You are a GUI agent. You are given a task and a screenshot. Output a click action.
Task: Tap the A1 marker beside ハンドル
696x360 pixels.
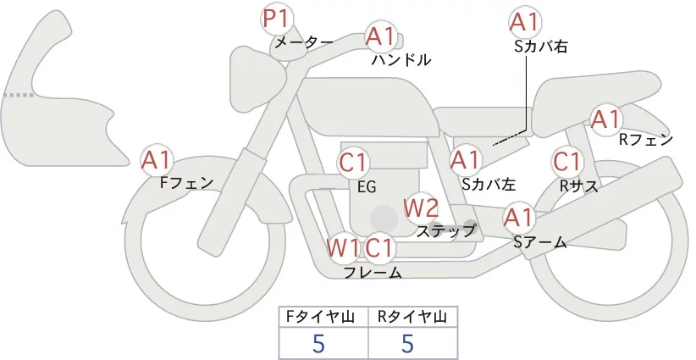(381, 36)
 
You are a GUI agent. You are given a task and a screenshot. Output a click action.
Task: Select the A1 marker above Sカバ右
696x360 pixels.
(524, 22)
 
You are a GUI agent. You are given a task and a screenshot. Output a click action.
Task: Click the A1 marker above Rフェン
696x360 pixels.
(606, 119)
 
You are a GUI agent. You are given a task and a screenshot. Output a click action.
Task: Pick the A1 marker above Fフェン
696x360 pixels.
(157, 159)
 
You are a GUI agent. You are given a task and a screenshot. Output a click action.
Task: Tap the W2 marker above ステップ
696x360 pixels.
(421, 208)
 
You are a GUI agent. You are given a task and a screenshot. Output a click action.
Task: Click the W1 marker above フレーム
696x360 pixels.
(343, 248)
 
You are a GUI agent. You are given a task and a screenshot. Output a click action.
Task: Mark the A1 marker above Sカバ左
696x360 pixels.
(465, 159)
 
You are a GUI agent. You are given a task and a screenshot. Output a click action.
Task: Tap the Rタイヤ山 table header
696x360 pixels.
(412, 318)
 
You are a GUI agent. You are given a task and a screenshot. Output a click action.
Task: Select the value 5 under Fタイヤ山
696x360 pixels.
(319, 344)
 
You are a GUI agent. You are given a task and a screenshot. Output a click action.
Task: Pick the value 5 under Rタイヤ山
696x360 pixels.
(409, 344)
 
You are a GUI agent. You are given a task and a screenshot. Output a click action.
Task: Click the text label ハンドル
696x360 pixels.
(401, 60)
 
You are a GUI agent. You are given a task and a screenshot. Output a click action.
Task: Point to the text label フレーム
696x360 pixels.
(373, 272)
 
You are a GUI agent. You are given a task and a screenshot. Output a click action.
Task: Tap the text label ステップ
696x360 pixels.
(446, 230)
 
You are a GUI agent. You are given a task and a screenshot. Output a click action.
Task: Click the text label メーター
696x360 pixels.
(302, 42)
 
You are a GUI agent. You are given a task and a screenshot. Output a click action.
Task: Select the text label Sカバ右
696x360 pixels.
(540, 47)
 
